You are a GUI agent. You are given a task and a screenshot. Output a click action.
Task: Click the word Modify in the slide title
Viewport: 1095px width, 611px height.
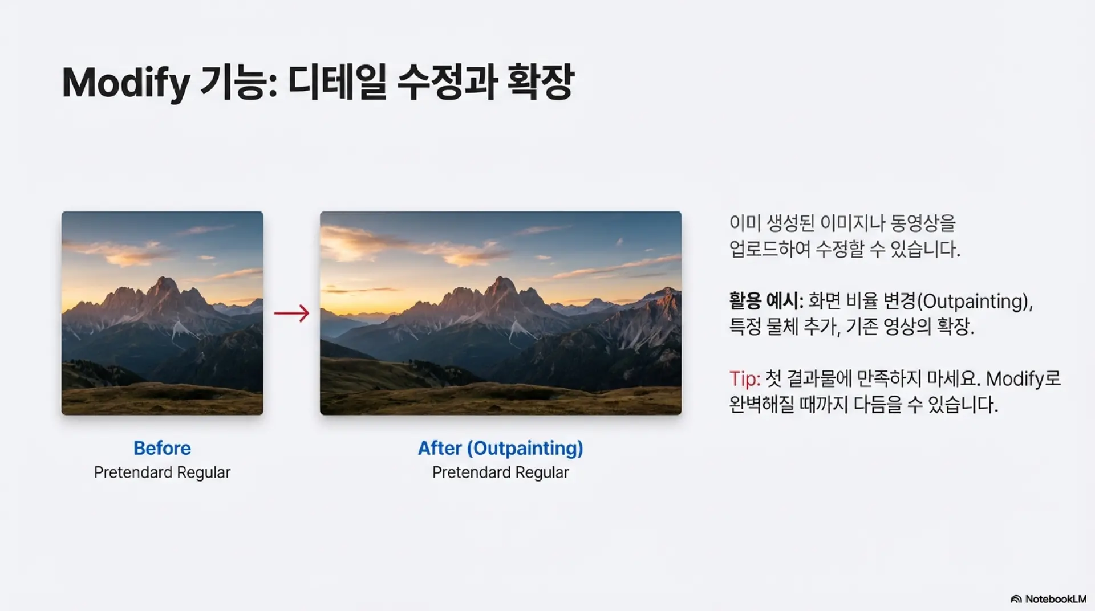click(x=125, y=83)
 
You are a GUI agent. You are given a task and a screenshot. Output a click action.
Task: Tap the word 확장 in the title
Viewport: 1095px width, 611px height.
click(x=540, y=82)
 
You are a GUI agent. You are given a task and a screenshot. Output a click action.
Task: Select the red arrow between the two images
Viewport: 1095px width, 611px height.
click(x=291, y=313)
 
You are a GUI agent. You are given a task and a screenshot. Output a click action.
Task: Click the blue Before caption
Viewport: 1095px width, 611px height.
click(x=162, y=448)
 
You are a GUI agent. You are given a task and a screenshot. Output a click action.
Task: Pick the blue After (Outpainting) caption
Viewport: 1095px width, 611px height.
click(x=500, y=448)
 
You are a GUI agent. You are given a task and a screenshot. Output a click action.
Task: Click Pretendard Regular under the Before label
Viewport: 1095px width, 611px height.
click(x=162, y=472)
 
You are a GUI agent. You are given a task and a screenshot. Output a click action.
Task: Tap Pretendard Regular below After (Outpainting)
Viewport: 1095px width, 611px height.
click(x=500, y=472)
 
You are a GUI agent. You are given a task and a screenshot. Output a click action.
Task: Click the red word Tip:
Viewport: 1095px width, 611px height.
click(x=744, y=379)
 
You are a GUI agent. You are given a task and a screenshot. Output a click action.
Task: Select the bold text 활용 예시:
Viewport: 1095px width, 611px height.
click(x=765, y=301)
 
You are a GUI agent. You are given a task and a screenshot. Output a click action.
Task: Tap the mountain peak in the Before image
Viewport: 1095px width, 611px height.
click(x=164, y=283)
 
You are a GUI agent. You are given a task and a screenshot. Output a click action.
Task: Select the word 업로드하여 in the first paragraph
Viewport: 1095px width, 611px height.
click(x=769, y=249)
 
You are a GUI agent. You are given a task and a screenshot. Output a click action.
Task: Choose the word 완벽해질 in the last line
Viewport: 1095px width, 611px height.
click(x=761, y=405)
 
